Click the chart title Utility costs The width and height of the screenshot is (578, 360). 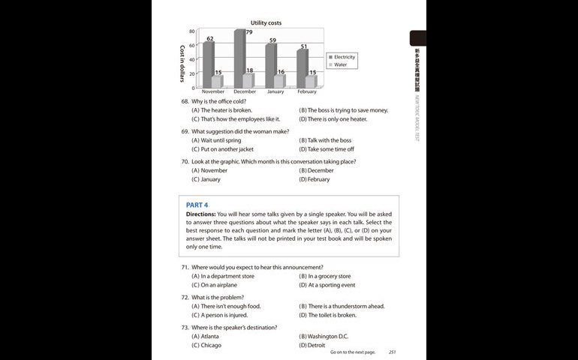click(266, 24)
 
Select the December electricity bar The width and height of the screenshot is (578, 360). click(239, 60)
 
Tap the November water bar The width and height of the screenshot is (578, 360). click(217, 81)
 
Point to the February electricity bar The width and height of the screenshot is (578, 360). click(302, 69)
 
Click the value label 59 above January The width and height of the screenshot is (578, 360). click(272, 40)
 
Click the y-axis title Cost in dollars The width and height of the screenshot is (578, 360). click(182, 63)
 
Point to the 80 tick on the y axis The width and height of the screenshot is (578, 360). click(191, 31)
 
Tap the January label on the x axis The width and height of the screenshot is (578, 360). click(275, 91)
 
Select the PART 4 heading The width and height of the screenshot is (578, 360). click(197, 205)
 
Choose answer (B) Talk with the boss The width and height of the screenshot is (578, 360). click(324, 140)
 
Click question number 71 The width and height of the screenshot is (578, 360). click(185, 267)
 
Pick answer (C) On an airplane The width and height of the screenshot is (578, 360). click(216, 285)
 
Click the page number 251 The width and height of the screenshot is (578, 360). click(392, 352)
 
